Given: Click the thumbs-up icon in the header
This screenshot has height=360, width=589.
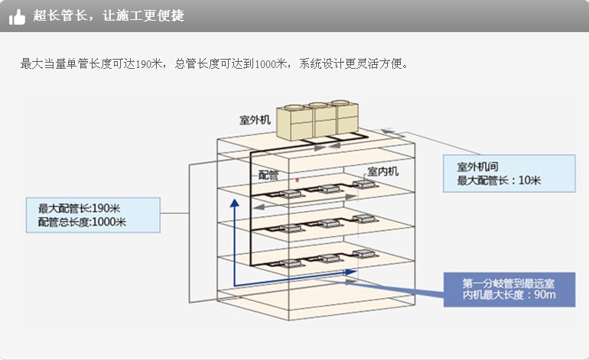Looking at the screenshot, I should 18,16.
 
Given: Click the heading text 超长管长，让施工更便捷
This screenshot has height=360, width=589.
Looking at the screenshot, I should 109,16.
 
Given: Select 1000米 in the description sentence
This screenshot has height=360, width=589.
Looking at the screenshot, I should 270,63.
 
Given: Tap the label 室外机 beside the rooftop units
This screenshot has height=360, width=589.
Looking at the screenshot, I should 255,120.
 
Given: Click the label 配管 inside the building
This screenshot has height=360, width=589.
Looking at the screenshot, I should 268,174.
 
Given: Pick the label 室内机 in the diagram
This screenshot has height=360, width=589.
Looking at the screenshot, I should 382,171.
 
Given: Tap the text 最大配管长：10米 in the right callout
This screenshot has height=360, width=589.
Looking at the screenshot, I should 499,180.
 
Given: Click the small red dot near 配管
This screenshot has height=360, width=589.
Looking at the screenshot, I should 296,180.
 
